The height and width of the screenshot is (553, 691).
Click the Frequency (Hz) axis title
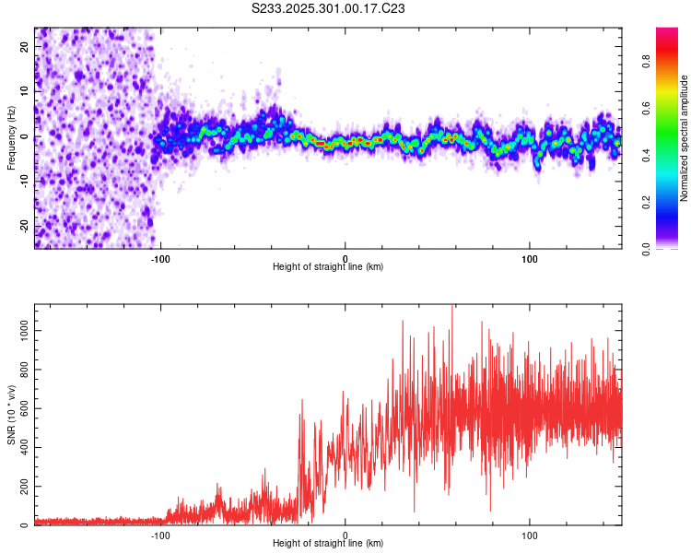[x=11, y=137]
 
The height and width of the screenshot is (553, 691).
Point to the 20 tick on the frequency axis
[x=25, y=48]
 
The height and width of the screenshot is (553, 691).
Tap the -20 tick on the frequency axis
[x=25, y=226]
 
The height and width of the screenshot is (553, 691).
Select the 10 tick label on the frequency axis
[x=25, y=92]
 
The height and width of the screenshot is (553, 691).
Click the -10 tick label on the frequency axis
[x=25, y=182]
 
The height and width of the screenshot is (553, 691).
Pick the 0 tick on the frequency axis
[x=25, y=137]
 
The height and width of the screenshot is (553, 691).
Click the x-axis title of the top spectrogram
[x=328, y=267]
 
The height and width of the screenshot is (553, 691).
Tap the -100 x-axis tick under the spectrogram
[x=160, y=257]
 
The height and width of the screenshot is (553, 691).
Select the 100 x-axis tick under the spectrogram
[x=530, y=257]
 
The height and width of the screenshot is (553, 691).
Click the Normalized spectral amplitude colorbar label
[x=685, y=137]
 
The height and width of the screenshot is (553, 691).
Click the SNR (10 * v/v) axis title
[x=11, y=416]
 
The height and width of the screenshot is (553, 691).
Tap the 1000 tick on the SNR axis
[x=25, y=329]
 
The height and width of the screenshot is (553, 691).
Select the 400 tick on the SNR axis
[x=25, y=447]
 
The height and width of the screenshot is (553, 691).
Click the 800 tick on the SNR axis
[x=25, y=369]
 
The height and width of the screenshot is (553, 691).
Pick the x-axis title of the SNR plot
[x=328, y=544]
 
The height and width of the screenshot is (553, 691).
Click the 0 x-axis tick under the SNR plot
[x=345, y=534]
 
